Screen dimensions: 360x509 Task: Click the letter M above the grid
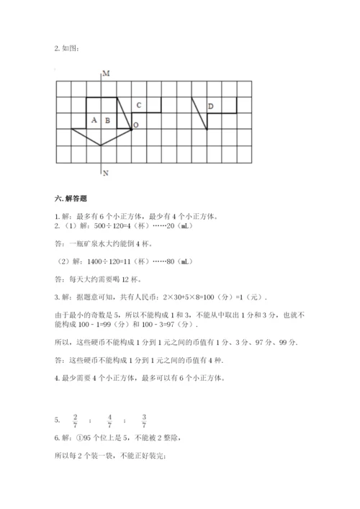coord(105,74)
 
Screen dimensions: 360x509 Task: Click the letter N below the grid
coord(105,174)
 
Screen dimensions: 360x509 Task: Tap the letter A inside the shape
coord(94,120)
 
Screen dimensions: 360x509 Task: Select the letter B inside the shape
coord(107,120)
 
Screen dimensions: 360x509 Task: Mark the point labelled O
coord(136,125)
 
